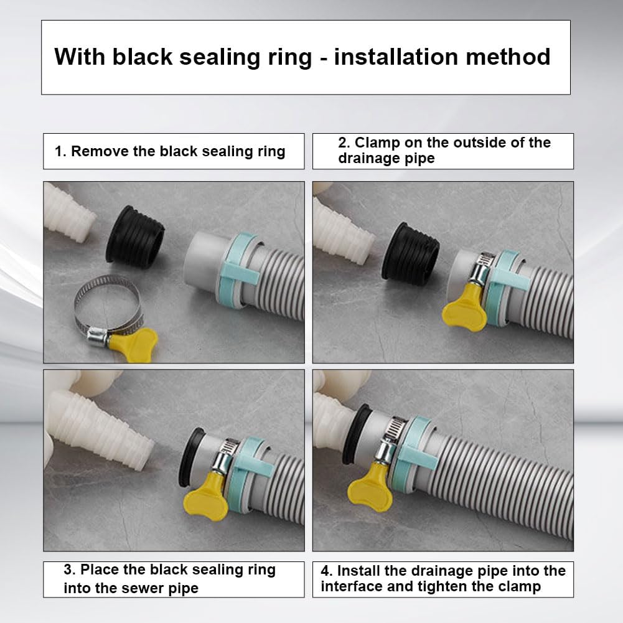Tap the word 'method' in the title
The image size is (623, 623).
pyautogui.click(x=508, y=57)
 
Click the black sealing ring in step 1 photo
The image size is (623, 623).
pyautogui.click(x=135, y=237)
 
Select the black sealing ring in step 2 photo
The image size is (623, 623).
pyautogui.click(x=410, y=253)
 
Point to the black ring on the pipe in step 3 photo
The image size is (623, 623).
pyautogui.click(x=190, y=457)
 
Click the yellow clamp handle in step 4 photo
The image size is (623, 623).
pyautogui.click(x=368, y=487)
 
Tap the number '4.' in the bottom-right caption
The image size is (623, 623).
pyautogui.click(x=327, y=571)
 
